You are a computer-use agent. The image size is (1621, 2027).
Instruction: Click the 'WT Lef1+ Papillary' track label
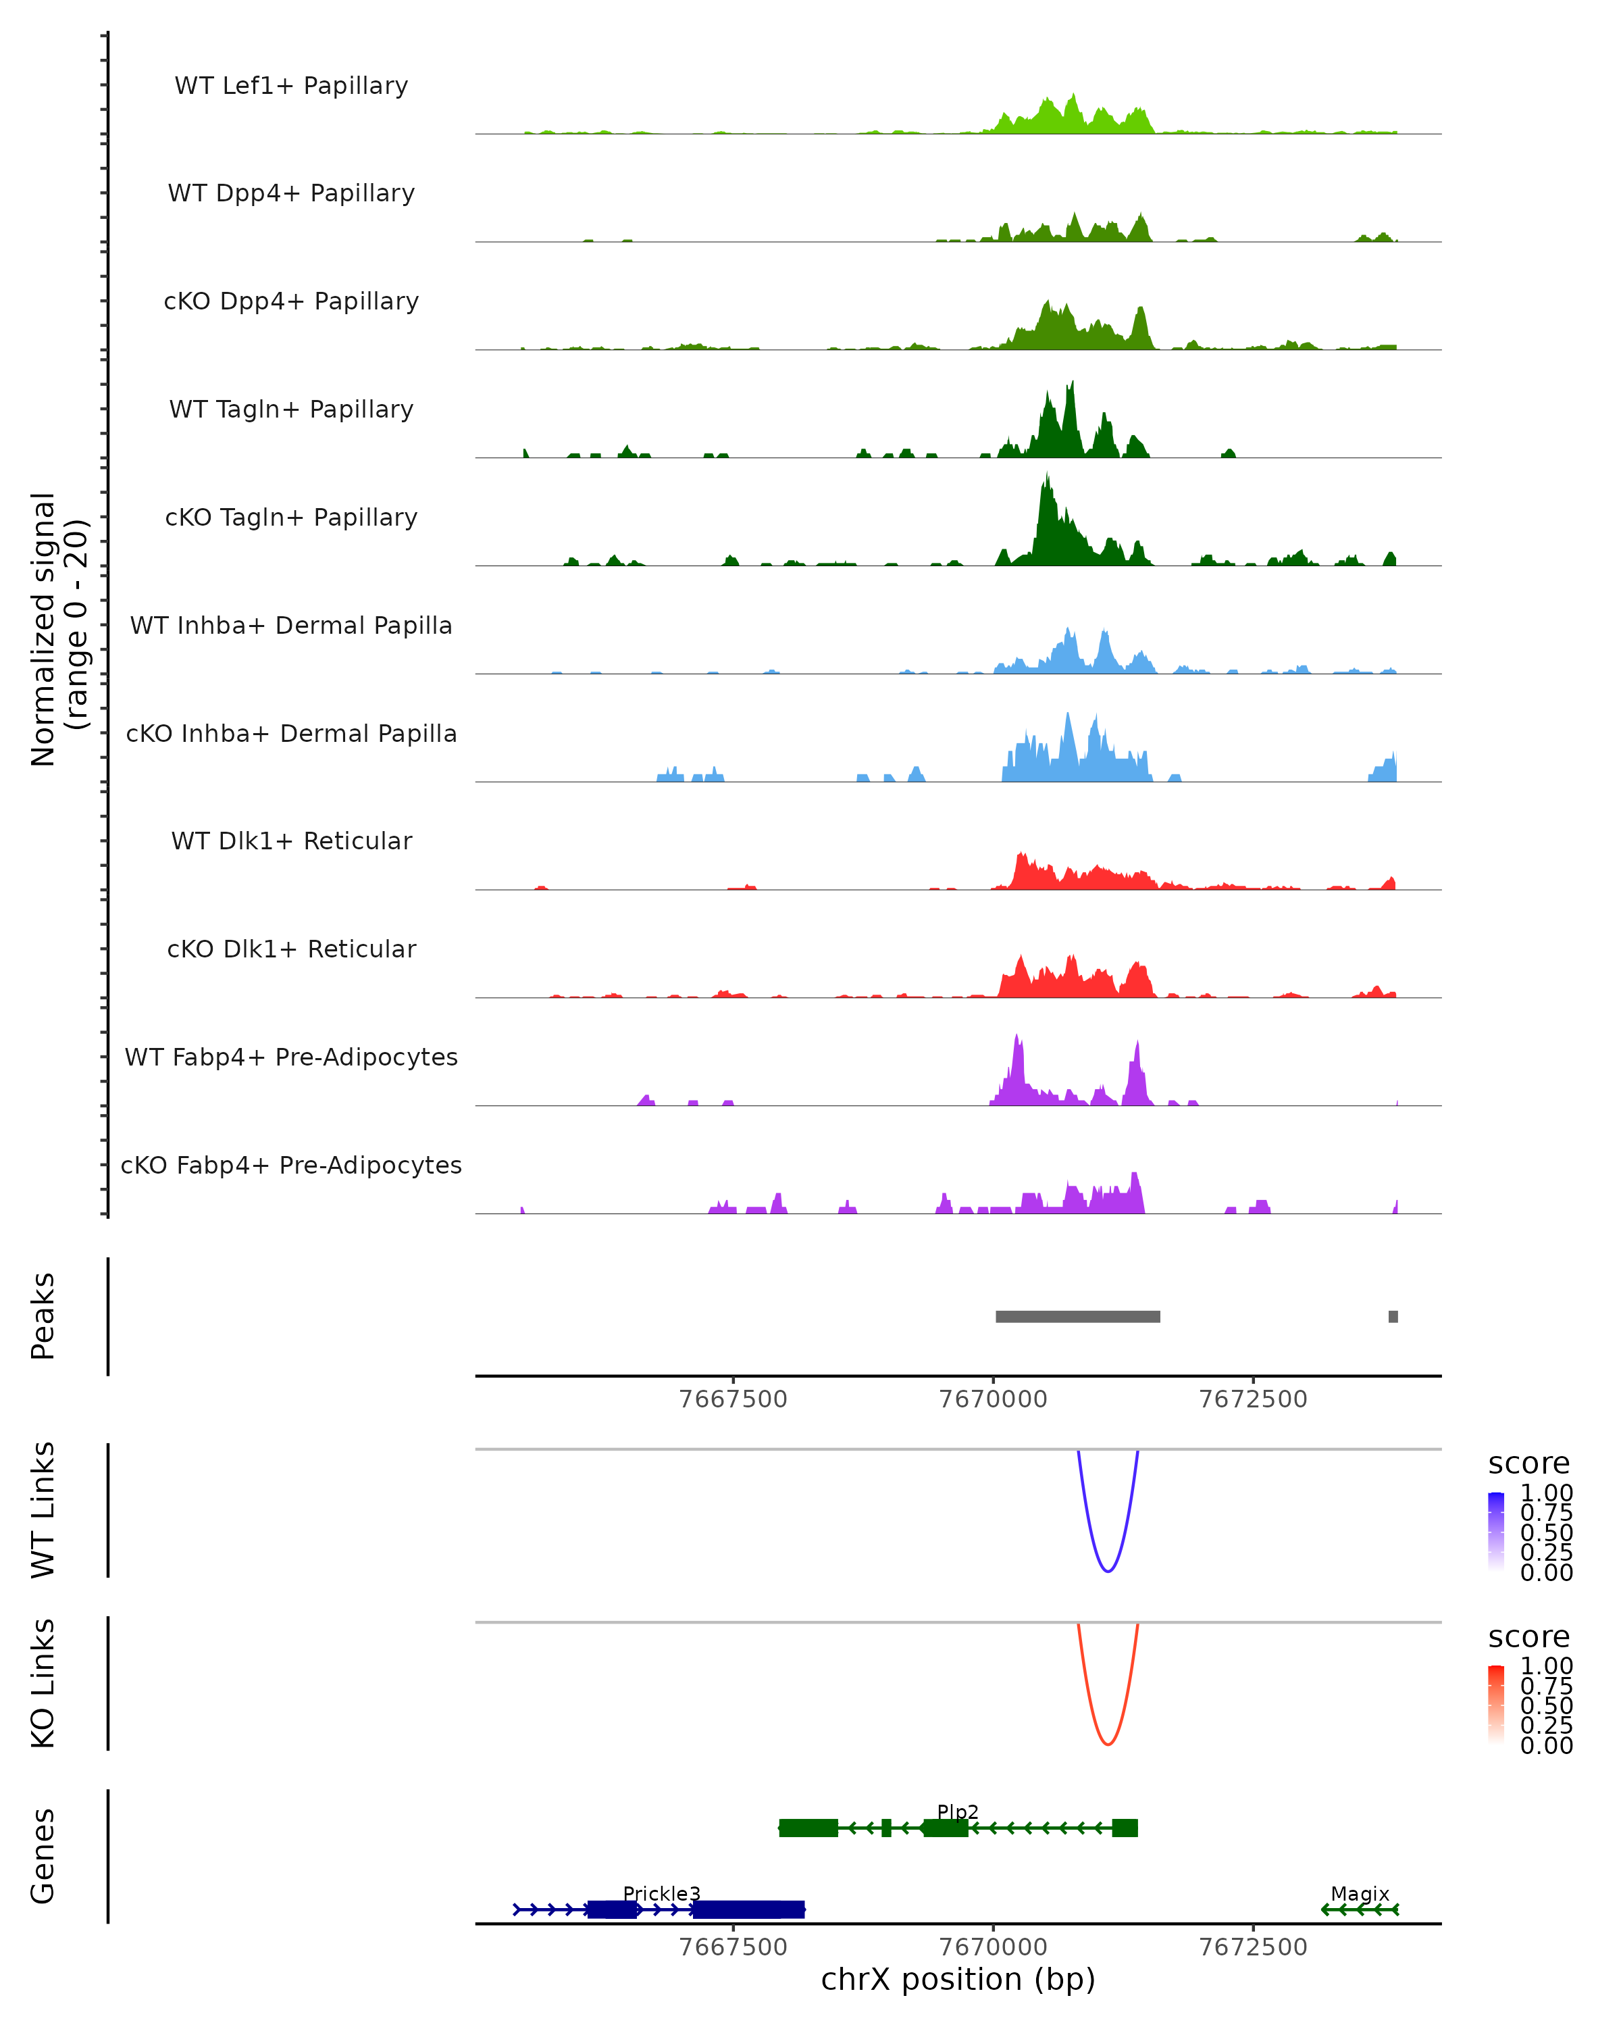coord(291,86)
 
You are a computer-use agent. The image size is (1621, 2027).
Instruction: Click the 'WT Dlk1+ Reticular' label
coord(291,841)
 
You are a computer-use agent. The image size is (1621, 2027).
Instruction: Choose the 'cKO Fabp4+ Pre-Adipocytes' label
coord(291,1165)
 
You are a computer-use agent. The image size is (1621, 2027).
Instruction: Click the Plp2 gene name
coord(958,1811)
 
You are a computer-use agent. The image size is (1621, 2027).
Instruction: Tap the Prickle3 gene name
coord(661,1893)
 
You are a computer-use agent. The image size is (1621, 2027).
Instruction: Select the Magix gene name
coord(1360,1893)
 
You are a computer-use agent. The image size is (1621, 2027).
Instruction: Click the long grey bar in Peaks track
coord(1078,1316)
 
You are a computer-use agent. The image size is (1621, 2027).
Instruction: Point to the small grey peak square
coord(1393,1316)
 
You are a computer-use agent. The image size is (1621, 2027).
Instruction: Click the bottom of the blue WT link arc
coord(1108,1570)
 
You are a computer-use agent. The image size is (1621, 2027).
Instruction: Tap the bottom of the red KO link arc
coord(1108,1743)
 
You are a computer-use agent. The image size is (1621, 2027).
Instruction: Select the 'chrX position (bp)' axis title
coord(958,1979)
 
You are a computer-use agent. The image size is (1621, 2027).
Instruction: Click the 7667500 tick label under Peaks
coord(733,1399)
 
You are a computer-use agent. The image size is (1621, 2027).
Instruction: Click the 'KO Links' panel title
coord(43,1683)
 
